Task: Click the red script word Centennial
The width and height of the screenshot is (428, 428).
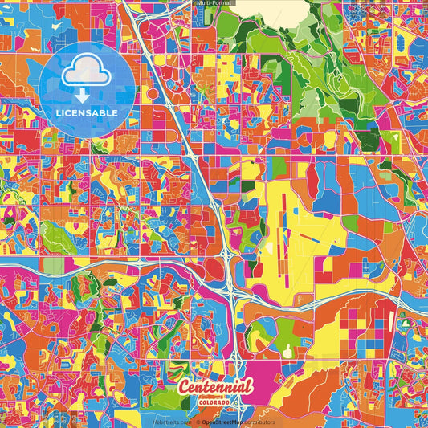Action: pos(215,387)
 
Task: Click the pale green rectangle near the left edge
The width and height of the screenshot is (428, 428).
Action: pos(53,266)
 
